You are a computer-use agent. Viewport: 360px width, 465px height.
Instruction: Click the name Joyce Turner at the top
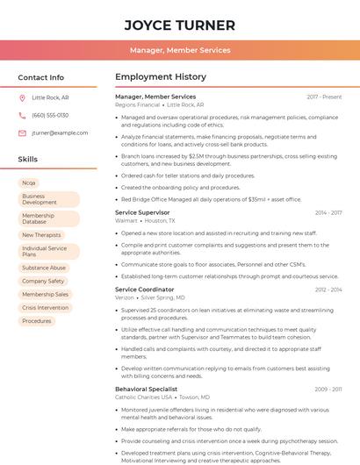coord(180,25)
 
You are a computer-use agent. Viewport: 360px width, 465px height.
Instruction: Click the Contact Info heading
coord(41,77)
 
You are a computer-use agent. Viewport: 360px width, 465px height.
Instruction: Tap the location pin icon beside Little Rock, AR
coord(22,98)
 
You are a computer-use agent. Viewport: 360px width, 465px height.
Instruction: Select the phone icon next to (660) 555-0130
coord(22,115)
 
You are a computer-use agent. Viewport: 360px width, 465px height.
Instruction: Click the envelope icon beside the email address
coord(22,133)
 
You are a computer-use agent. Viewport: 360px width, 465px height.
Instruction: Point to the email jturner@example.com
coord(60,133)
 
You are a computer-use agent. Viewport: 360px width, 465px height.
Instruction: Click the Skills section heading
coord(28,160)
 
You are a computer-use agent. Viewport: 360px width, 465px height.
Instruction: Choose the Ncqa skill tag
coord(29,182)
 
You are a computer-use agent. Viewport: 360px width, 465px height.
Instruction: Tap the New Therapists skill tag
coord(41,235)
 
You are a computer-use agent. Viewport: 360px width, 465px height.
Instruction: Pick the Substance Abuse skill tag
coord(44,268)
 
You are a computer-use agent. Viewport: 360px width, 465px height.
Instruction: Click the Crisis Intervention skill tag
coord(45,308)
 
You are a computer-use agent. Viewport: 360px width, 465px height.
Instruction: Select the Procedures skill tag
coord(37,321)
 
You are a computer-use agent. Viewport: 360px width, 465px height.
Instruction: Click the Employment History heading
coord(161,77)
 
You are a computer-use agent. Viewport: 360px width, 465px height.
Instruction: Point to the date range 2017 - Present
coord(324,97)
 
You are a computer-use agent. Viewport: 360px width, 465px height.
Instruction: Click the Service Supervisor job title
coord(142,212)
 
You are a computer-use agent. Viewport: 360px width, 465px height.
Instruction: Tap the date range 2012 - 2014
coord(328,289)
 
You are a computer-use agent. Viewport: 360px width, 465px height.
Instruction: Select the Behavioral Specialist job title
coord(146,389)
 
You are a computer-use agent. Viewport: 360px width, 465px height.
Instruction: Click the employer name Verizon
coord(126,297)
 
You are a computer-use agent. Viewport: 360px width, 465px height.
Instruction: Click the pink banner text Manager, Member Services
coord(180,50)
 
